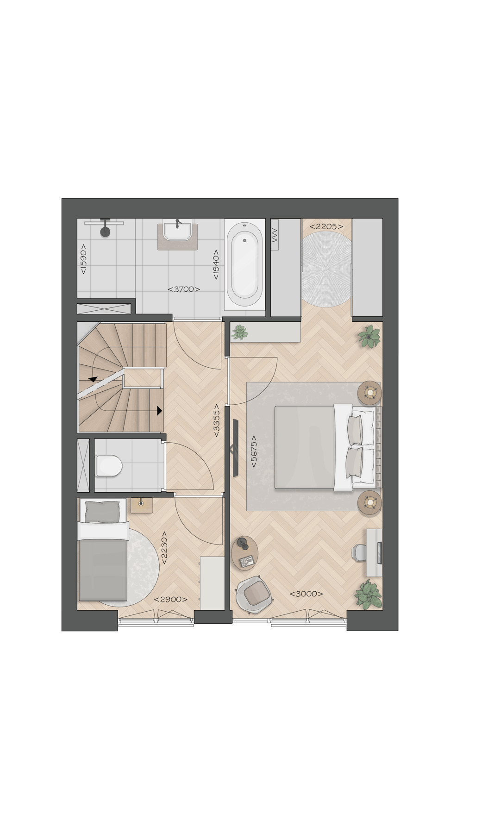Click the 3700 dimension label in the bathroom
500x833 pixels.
click(x=184, y=289)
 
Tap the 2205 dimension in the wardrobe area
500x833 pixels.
click(x=326, y=226)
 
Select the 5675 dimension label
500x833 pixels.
click(x=254, y=451)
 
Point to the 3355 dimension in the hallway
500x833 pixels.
click(x=216, y=424)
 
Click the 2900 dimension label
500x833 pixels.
click(x=171, y=599)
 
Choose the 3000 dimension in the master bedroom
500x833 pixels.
click(x=306, y=594)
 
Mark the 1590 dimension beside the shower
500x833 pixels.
click(x=83, y=259)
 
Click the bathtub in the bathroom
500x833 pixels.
click(x=245, y=266)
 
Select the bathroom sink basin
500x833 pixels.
click(x=177, y=230)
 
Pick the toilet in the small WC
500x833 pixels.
click(x=108, y=465)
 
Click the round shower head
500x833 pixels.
click(x=106, y=232)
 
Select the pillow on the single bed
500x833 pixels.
click(x=103, y=511)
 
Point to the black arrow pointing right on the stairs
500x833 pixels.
click(x=159, y=410)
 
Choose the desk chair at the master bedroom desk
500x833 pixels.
click(x=360, y=552)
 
